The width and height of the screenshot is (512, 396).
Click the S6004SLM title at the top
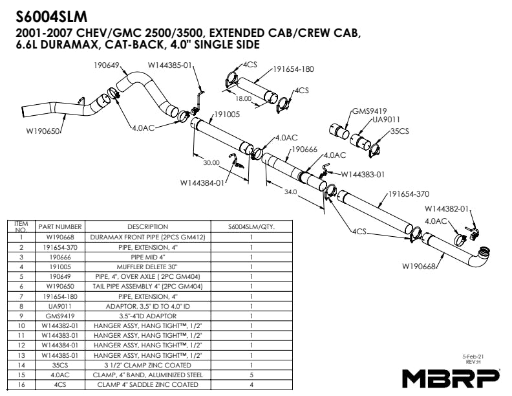51,15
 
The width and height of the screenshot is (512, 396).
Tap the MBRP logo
451,377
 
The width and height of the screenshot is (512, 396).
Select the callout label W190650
43,131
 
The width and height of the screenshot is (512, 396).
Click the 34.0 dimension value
290,192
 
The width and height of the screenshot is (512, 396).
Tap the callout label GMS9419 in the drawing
369,110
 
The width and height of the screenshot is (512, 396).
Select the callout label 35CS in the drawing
400,131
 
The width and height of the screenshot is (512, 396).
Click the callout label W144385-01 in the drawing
171,65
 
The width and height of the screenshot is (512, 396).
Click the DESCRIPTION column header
147,227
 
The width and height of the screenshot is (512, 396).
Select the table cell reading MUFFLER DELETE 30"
147,266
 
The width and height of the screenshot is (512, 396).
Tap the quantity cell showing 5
251,375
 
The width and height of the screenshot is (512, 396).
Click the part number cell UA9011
59,307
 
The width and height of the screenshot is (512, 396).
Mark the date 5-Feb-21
474,357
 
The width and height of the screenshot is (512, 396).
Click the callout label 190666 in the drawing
304,149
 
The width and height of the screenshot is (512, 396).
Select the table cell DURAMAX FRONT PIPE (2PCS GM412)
147,237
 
